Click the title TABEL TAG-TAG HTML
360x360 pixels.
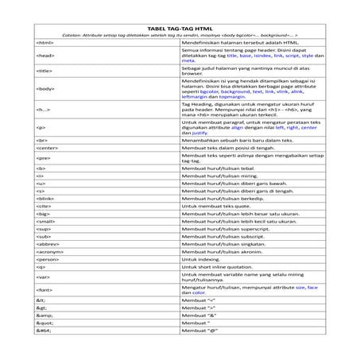click(x=180, y=28)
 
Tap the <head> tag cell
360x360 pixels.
click(x=45, y=56)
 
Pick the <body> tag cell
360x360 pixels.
click(x=45, y=88)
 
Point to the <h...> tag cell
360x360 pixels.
click(x=45, y=108)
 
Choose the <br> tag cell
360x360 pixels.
click(x=42, y=139)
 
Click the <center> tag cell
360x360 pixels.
click(x=48, y=148)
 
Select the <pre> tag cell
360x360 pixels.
click(x=43, y=158)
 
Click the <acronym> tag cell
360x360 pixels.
click(x=49, y=250)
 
